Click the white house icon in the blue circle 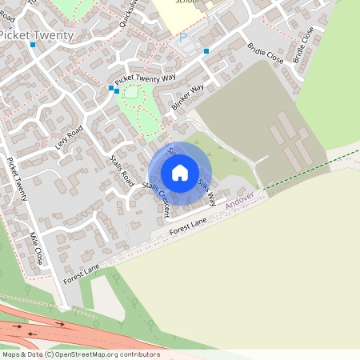coord(180,172)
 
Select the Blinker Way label coord(188,98)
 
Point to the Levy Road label coord(69,138)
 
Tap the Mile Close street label coord(37,248)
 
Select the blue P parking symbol coord(182,38)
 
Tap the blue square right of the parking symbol coord(206,51)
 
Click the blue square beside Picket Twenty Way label coord(110,88)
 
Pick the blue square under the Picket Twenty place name coord(33,45)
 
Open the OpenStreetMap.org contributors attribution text coord(104,354)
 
